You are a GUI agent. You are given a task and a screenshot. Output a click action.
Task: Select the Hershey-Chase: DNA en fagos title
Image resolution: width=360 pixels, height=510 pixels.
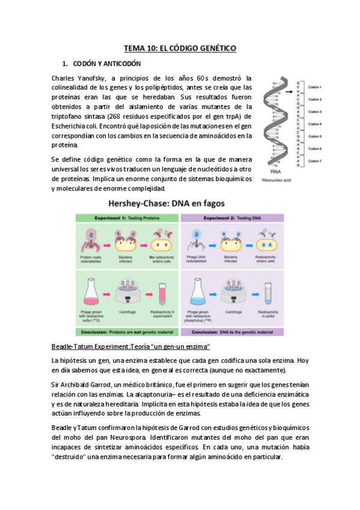point(180,203)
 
